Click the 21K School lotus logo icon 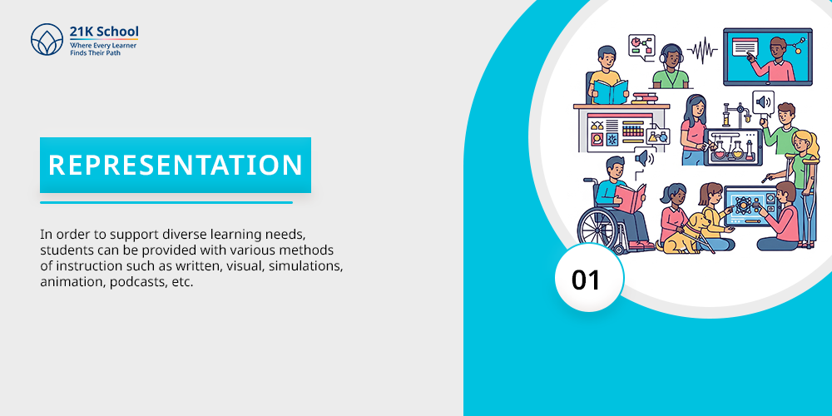(x=47, y=40)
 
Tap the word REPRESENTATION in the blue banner (x=176, y=165)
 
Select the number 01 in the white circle (x=586, y=280)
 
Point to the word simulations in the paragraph (x=305, y=266)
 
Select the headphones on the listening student (x=671, y=55)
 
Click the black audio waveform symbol (x=702, y=51)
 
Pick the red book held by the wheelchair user (x=631, y=197)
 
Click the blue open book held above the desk (x=610, y=92)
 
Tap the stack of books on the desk (x=644, y=98)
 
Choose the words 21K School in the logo (x=104, y=32)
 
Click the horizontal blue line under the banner (x=166, y=202)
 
